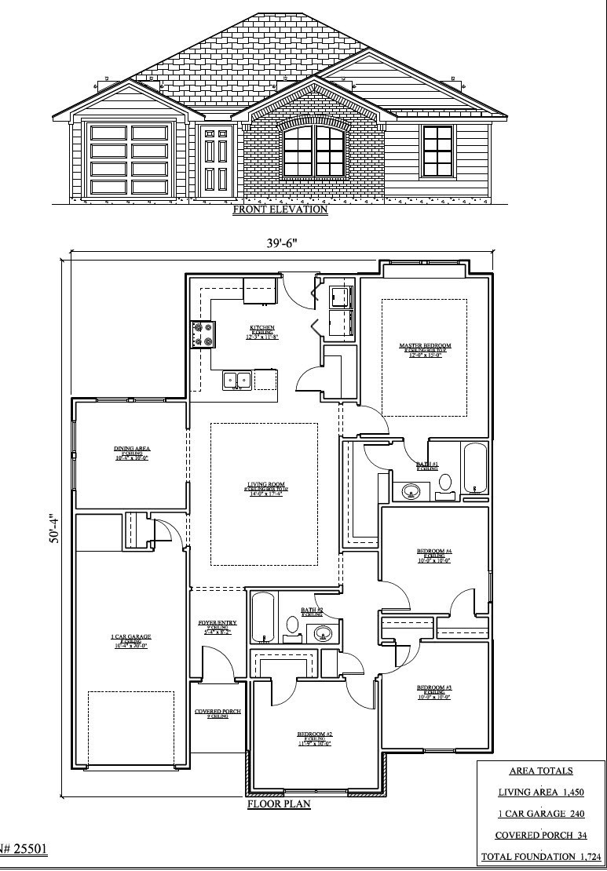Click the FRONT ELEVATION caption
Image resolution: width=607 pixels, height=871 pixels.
pyautogui.click(x=280, y=210)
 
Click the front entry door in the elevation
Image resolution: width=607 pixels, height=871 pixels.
pyautogui.click(x=215, y=161)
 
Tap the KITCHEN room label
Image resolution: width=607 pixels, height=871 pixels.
pyautogui.click(x=261, y=329)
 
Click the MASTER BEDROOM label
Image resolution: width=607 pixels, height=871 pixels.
pyautogui.click(x=425, y=347)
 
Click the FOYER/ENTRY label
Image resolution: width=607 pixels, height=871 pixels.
pyautogui.click(x=213, y=625)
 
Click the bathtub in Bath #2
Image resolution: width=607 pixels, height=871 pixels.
pyautogui.click(x=262, y=618)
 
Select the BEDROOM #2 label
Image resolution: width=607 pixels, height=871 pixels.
pyautogui.click(x=313, y=736)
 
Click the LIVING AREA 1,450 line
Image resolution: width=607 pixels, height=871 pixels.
pyautogui.click(x=540, y=793)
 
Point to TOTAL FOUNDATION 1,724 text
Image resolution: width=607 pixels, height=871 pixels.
pyautogui.click(x=540, y=857)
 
